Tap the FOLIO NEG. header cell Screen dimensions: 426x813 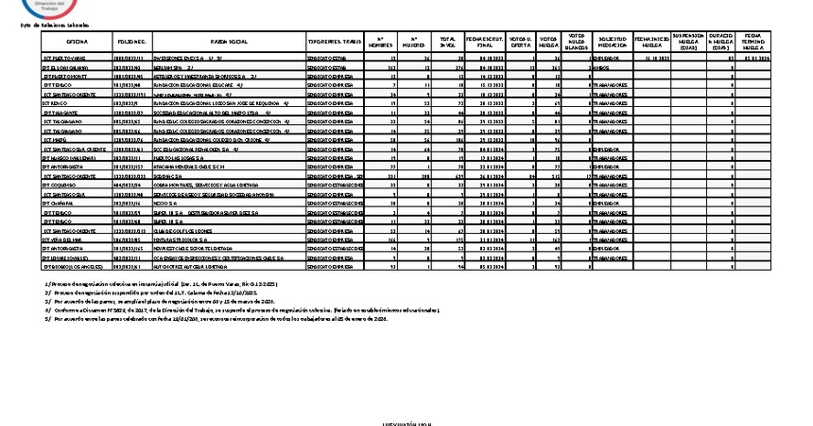(x=131, y=44)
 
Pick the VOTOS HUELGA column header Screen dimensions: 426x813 (x=548, y=44)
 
